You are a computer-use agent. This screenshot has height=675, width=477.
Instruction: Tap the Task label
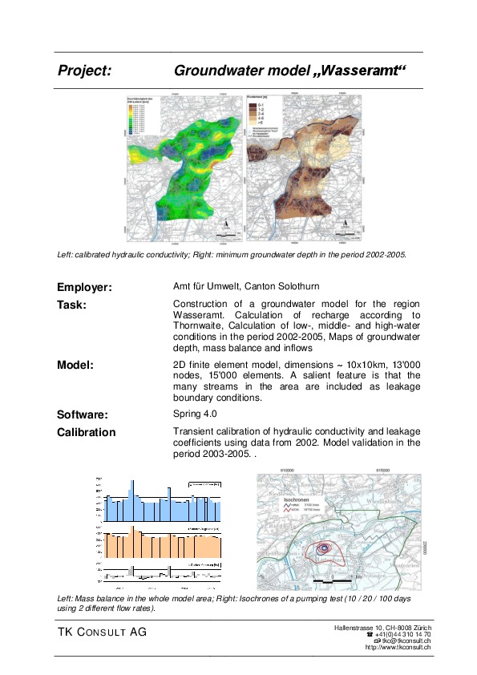point(72,305)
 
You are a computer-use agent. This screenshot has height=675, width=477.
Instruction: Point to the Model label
point(75,365)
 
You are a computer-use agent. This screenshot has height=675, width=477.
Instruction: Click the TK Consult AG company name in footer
point(101,633)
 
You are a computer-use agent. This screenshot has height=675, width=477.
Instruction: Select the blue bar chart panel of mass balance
point(164,502)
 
